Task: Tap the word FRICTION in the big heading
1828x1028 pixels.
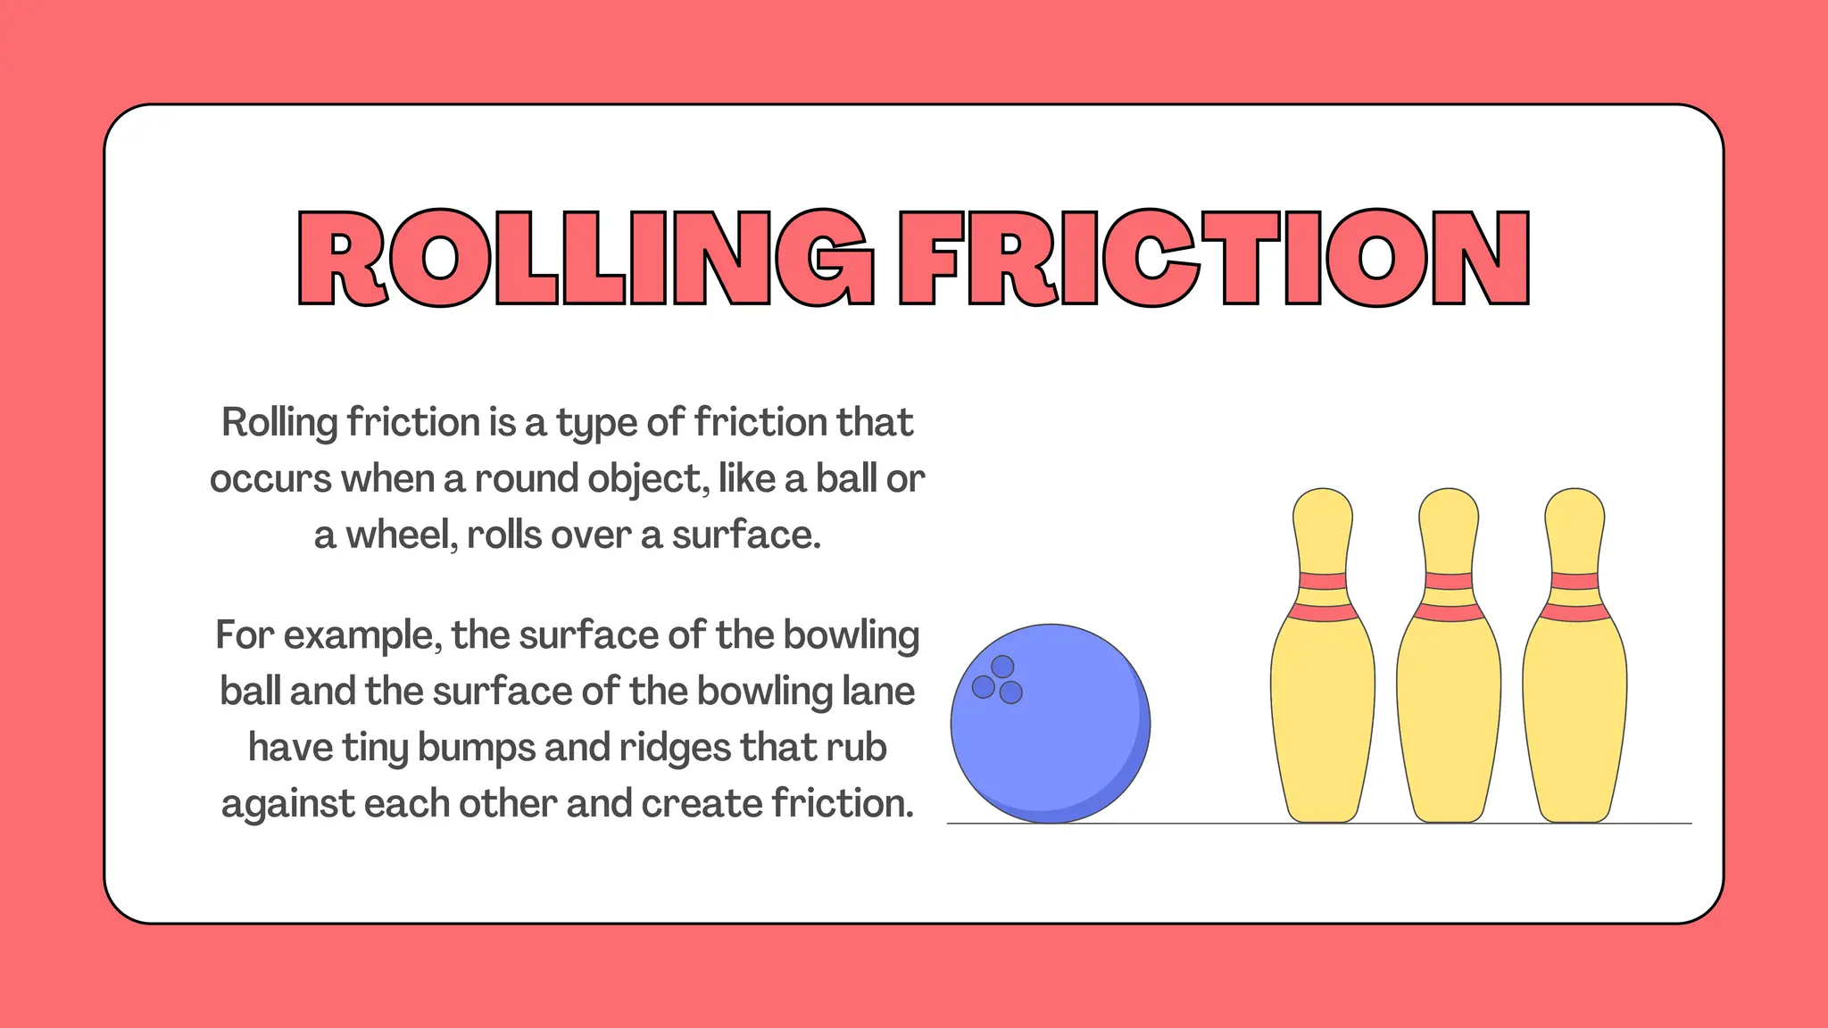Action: point(1214,258)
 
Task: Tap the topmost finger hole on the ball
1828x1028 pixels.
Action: point(1002,667)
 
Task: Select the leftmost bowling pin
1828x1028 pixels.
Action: point(1323,660)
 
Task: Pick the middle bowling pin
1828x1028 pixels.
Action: point(1449,660)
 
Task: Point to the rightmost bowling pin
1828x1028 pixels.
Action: point(1575,660)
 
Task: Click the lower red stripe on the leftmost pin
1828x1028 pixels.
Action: point(1323,613)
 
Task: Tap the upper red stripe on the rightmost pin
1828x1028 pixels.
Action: point(1575,581)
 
